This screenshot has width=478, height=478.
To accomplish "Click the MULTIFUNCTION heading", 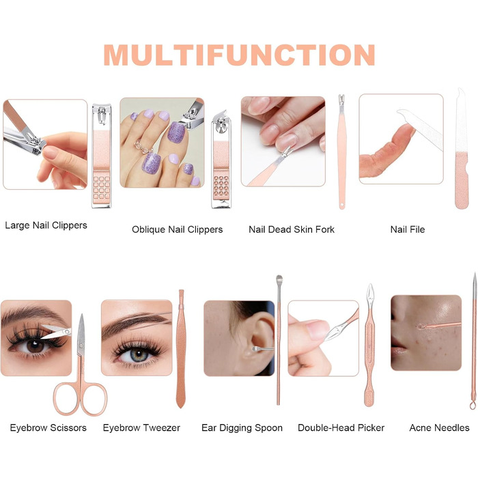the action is pyautogui.click(x=239, y=55).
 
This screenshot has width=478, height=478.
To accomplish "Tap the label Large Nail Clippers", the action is pyautogui.click(x=46, y=225).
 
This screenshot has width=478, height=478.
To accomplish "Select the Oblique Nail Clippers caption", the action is pyautogui.click(x=177, y=229).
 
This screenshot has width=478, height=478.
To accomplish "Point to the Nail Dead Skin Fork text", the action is pyautogui.click(x=292, y=229).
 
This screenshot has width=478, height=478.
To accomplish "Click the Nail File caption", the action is pyautogui.click(x=408, y=229).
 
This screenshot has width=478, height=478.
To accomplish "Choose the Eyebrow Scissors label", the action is pyautogui.click(x=48, y=427).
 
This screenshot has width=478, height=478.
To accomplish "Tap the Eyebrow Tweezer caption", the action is pyautogui.click(x=141, y=427).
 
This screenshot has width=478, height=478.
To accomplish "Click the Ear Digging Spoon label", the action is pyautogui.click(x=242, y=427).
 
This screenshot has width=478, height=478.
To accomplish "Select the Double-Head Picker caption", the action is pyautogui.click(x=341, y=427).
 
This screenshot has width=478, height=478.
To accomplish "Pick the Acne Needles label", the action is pyautogui.click(x=439, y=427).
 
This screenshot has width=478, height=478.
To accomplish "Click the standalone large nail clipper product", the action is pyautogui.click(x=102, y=156).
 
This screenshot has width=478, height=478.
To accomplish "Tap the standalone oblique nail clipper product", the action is pyautogui.click(x=221, y=159).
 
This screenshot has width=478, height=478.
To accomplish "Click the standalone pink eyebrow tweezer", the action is pyautogui.click(x=181, y=349).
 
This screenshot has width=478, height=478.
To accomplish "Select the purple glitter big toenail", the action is pyautogui.click(x=176, y=132).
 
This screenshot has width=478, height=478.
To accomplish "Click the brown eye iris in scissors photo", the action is pyautogui.click(x=35, y=346).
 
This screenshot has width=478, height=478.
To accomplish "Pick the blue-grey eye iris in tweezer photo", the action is pyautogui.click(x=139, y=355).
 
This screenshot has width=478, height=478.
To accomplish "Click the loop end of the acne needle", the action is pyautogui.click(x=473, y=405).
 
